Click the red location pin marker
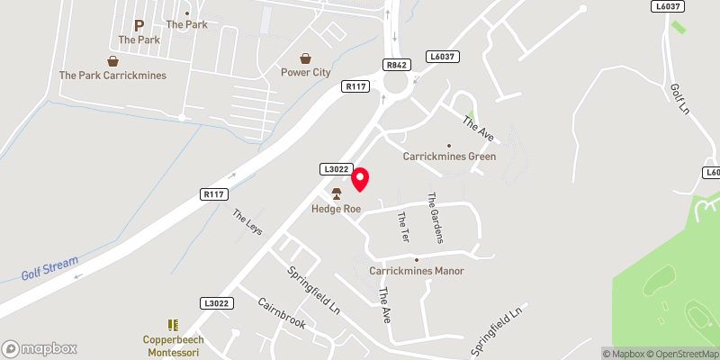360,180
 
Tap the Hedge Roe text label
336,209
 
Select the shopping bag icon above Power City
305,58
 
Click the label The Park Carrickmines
112,76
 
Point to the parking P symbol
139,26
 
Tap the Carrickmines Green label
449,157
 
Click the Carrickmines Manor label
416,270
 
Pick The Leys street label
247,222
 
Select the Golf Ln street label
679,99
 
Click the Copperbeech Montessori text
173,346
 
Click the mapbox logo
40,348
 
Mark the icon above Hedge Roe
337,193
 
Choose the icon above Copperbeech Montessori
173,324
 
